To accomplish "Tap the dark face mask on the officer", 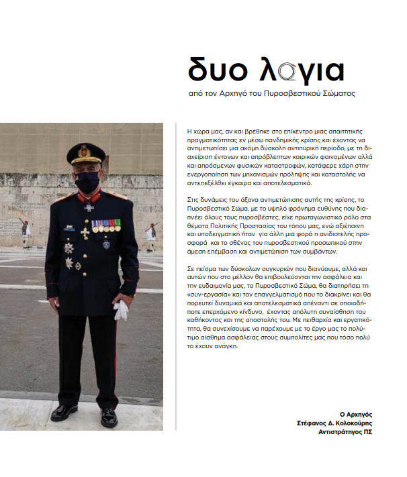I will (x=87, y=182).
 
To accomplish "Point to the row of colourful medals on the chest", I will (x=106, y=226).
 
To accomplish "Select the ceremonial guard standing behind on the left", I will (x=26, y=234).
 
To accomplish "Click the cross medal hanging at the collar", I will (x=87, y=207).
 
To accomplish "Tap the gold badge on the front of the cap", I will (x=85, y=150).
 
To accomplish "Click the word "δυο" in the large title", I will (x=214, y=70).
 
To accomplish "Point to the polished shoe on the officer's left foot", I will (x=107, y=417).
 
